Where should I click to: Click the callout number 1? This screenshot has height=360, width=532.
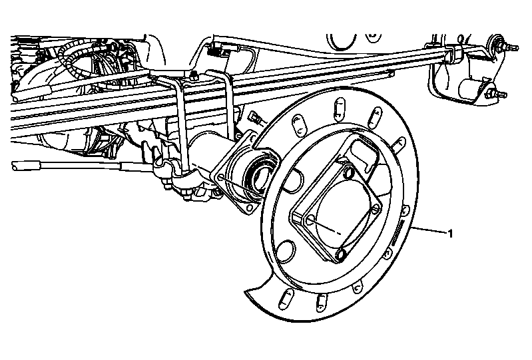(451, 234)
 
